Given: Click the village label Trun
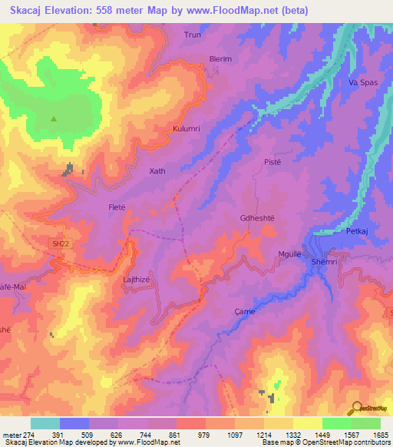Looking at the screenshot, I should coord(192,35).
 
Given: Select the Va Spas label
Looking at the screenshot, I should coord(361,81).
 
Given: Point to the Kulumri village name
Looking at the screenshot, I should coord(187,129).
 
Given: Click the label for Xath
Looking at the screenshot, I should coord(157,171).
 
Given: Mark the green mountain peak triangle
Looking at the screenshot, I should coord(54,119).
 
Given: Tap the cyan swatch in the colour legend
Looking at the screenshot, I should coord(45,423).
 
